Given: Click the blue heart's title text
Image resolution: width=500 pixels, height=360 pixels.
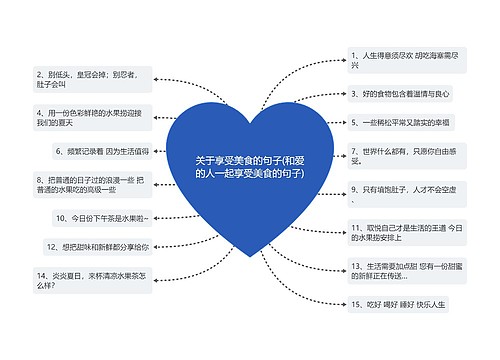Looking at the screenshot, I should [x=250, y=166].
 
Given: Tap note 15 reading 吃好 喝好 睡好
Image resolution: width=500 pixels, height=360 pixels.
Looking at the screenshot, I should [x=400, y=304].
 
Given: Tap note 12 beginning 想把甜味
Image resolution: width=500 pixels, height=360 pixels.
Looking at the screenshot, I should [x=98, y=246].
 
